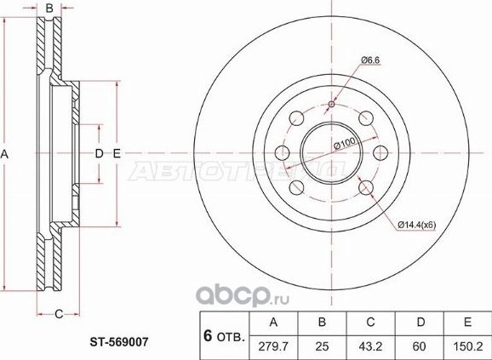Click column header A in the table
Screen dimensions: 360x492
click(272, 323)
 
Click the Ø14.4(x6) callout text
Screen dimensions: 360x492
click(415, 225)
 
